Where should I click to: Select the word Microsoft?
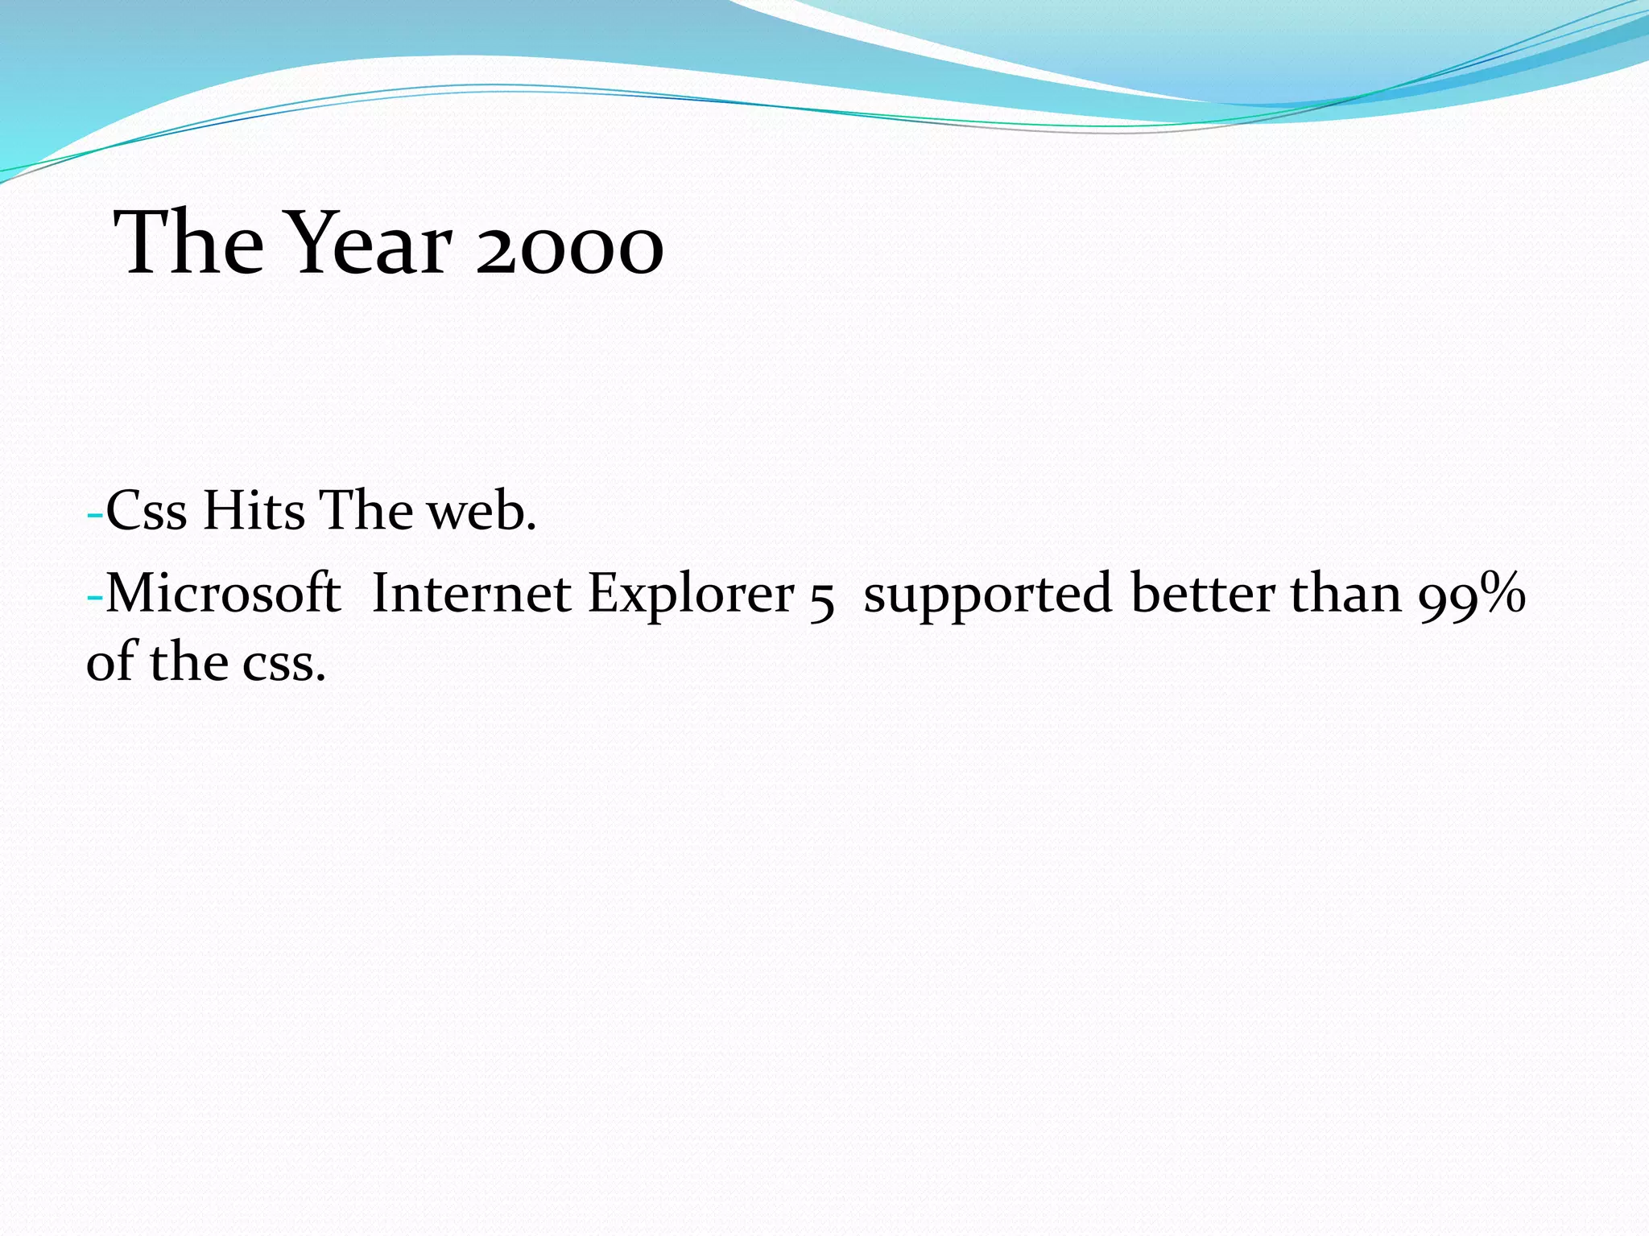point(223,594)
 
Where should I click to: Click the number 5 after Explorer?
point(821,599)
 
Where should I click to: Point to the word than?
point(1346,594)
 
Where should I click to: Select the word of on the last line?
point(111,661)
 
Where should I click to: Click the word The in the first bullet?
point(366,511)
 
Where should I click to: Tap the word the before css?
point(188,661)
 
